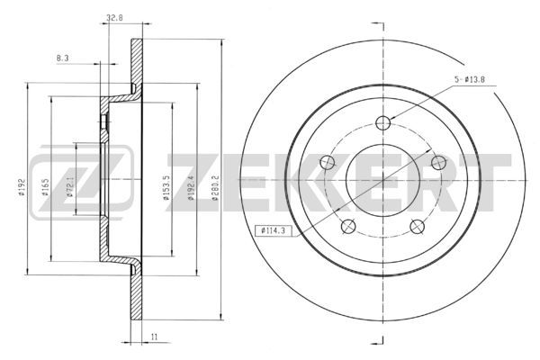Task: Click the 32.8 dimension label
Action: (x=114, y=18)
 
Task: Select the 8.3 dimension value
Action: (x=62, y=58)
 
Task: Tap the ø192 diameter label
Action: (x=21, y=187)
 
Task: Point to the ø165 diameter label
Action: (x=45, y=187)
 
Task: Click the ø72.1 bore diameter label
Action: (x=69, y=187)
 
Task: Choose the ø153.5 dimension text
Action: (x=166, y=188)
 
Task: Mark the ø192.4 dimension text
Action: (x=190, y=188)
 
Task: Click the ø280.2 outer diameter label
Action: (x=214, y=188)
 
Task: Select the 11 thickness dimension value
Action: (x=154, y=337)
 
